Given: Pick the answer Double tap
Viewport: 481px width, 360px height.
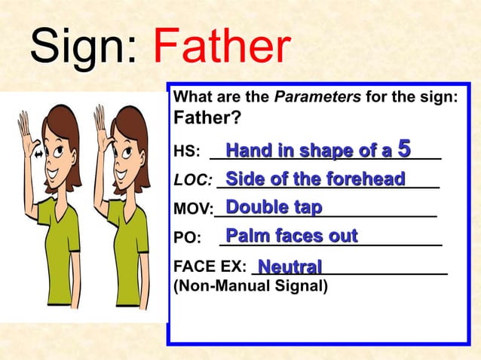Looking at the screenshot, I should pyautogui.click(x=274, y=207).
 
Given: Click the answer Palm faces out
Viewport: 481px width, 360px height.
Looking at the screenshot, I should pyautogui.click(x=291, y=236).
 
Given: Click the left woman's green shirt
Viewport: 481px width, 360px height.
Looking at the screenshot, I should pyautogui.click(x=57, y=241).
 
